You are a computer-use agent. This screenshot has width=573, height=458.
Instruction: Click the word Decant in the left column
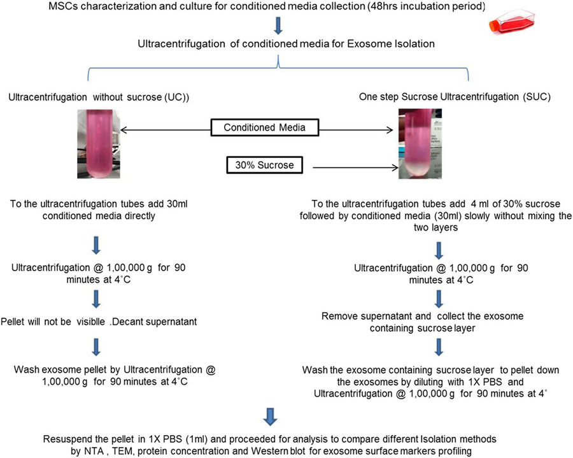pyautogui.click(x=139, y=320)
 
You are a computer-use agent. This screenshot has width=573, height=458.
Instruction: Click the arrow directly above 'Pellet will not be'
pyautogui.click(x=95, y=298)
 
